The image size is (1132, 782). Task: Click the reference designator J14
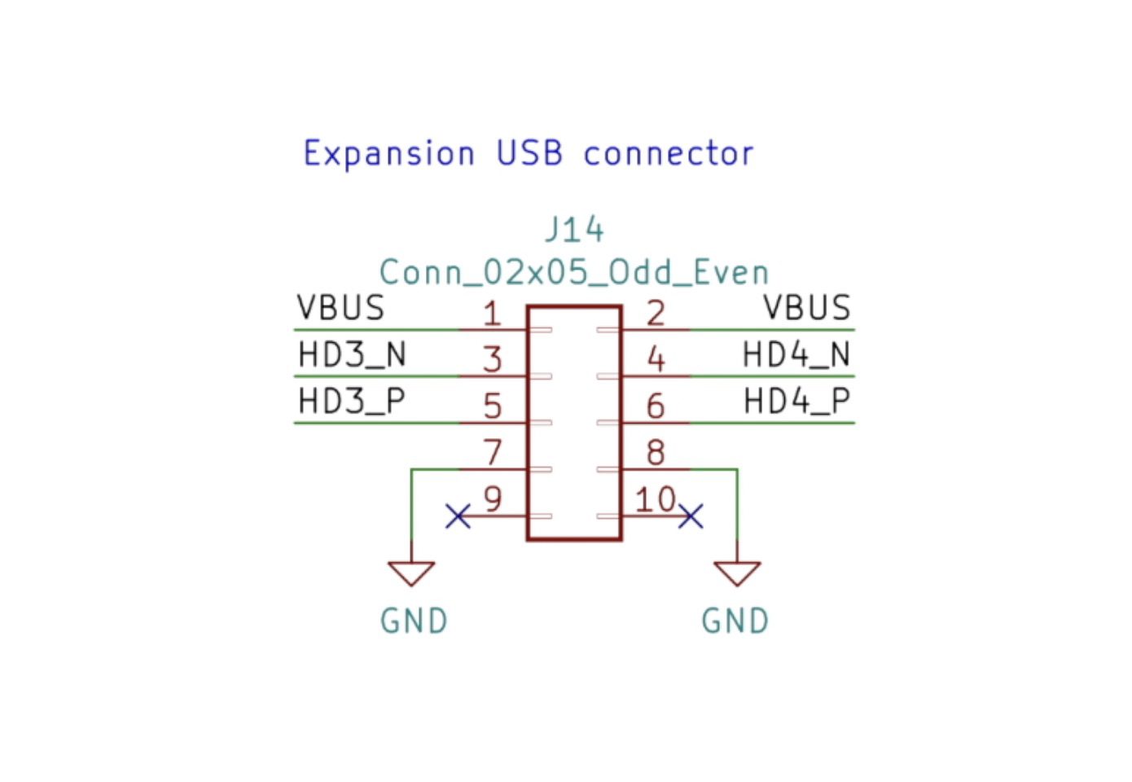(574, 230)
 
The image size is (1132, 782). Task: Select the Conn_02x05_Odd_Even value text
(574, 272)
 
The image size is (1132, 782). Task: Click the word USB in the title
(529, 153)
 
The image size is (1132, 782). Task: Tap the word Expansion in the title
(388, 153)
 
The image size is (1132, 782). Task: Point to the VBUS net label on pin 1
(340, 308)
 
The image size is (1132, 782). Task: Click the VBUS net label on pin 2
(807, 308)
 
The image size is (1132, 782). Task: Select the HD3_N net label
(352, 354)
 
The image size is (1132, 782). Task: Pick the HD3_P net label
(352, 401)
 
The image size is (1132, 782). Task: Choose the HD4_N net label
(796, 354)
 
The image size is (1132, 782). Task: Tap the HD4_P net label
(796, 401)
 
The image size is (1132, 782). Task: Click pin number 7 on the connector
(493, 452)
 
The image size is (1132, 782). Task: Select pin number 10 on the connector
(656, 499)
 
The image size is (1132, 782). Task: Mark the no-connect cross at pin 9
(459, 516)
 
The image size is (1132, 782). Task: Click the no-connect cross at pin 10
(691, 516)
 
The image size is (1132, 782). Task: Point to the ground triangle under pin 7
(411, 572)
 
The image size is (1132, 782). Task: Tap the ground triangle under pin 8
(737, 572)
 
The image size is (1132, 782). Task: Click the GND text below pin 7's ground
(414, 622)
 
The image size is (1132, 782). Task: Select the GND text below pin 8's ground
(735, 622)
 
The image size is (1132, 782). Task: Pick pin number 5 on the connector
(493, 406)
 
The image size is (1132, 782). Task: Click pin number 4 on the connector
(656, 358)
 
